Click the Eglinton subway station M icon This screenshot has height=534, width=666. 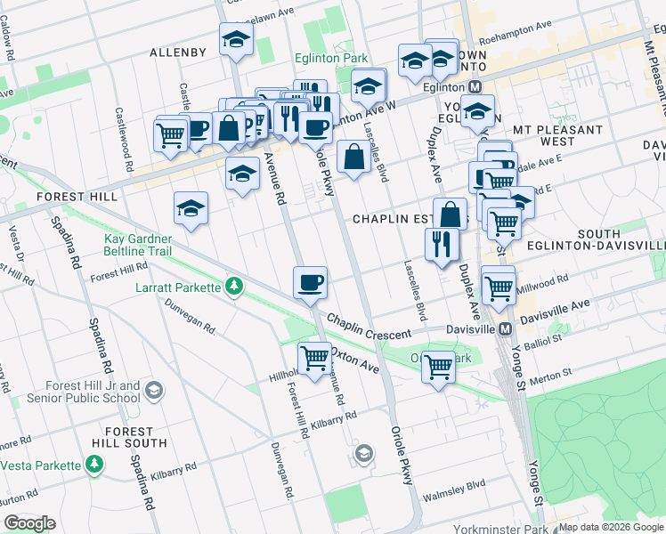[x=475, y=86]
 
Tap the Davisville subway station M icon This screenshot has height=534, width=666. [x=505, y=329]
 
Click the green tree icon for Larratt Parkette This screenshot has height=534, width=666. [x=233, y=287]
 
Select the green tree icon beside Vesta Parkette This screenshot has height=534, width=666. [x=93, y=464]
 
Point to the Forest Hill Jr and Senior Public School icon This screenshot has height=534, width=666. [x=154, y=391]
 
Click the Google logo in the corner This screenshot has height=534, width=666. [x=28, y=523]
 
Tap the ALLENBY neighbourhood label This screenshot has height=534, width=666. [x=178, y=53]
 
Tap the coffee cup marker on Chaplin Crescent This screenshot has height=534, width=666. [x=311, y=283]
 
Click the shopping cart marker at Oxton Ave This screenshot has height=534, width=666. [x=314, y=358]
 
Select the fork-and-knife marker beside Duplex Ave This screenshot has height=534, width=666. [x=442, y=243]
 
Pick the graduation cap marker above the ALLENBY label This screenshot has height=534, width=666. [x=236, y=39]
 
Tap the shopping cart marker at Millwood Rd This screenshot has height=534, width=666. [x=498, y=287]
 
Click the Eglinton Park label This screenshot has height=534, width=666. [x=331, y=58]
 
